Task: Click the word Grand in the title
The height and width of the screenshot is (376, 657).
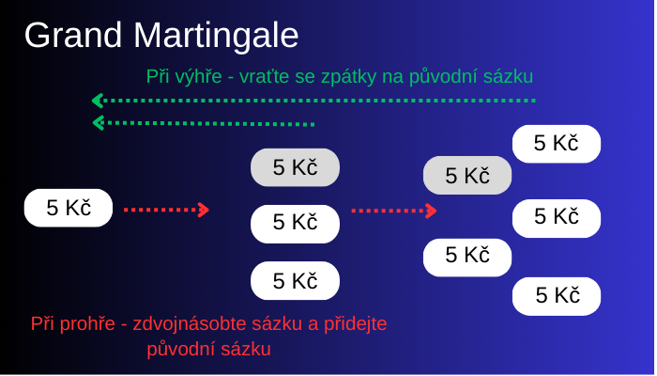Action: tap(73, 35)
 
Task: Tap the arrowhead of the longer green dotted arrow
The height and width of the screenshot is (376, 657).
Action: tap(98, 101)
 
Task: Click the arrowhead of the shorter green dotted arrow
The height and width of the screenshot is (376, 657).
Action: tap(98, 123)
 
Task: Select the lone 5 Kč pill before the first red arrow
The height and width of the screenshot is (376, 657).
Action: tap(69, 208)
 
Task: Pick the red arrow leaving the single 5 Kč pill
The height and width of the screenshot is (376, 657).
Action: tap(166, 210)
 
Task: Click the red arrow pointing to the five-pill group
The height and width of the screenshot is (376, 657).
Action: tap(394, 211)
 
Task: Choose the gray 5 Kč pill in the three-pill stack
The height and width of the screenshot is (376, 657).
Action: tap(295, 167)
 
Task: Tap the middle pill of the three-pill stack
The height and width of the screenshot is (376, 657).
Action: tap(295, 224)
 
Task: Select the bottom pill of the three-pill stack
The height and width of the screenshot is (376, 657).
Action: tap(295, 280)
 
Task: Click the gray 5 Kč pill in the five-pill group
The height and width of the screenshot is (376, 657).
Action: tap(467, 175)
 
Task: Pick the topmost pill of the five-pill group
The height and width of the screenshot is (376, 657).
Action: tap(556, 144)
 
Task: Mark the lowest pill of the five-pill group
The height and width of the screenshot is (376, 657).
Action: tap(556, 296)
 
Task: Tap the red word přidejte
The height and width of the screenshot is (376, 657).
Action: tap(356, 324)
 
